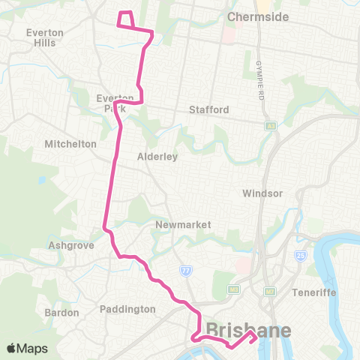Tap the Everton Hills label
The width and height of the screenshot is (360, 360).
(44, 37)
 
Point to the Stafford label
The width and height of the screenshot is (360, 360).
(208, 109)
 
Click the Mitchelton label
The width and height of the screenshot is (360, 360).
(70, 143)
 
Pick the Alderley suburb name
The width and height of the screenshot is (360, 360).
(156, 157)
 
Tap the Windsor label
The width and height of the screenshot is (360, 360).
(262, 193)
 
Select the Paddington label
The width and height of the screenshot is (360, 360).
(127, 308)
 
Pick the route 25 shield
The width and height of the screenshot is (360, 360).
(300, 255)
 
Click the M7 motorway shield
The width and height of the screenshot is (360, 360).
(269, 290)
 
